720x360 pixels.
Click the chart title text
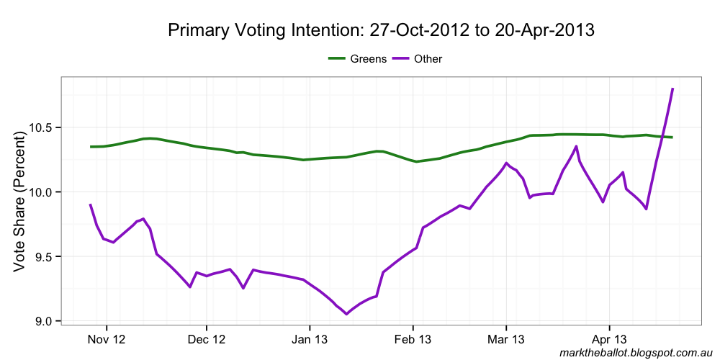(x=381, y=30)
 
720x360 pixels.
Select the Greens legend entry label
(x=369, y=59)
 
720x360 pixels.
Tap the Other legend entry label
(x=428, y=59)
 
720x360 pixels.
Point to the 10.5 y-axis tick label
(x=41, y=127)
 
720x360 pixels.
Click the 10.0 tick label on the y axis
(x=41, y=192)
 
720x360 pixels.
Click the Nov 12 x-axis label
(x=107, y=339)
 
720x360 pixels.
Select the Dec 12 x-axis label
(x=207, y=339)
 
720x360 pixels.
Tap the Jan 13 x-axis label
(x=310, y=339)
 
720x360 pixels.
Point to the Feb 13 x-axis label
(x=413, y=339)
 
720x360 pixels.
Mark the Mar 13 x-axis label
(x=506, y=339)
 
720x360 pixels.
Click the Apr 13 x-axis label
(x=609, y=339)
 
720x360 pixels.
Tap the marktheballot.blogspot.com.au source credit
(x=634, y=353)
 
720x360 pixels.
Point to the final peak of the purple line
(x=672, y=89)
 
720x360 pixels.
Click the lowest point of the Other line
(x=346, y=314)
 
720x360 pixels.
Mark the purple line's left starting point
(x=90, y=204)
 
